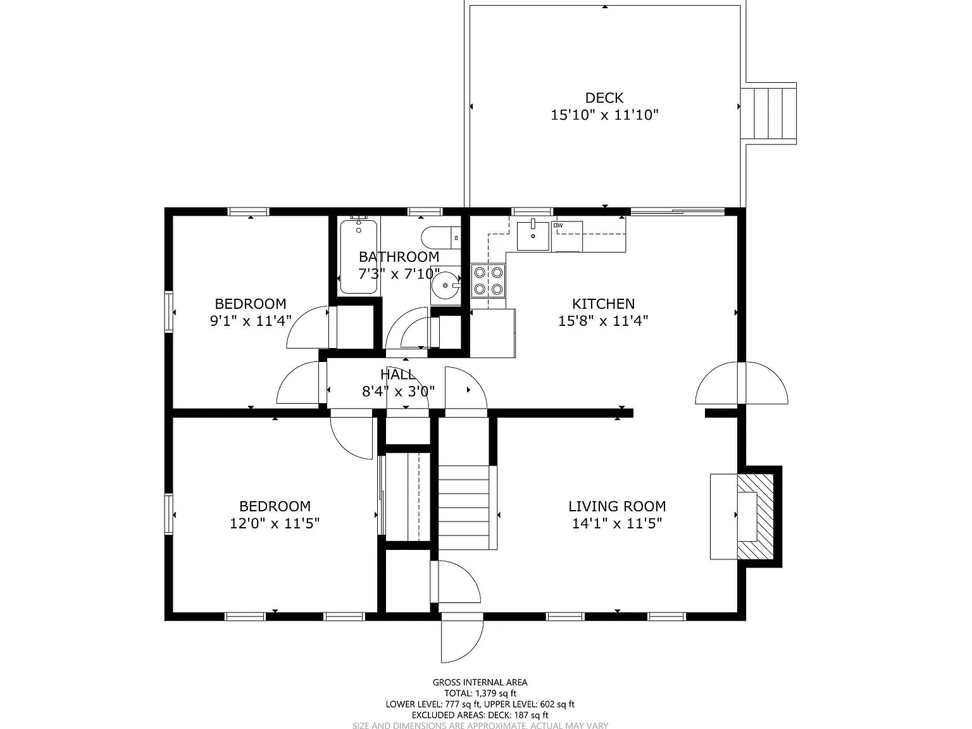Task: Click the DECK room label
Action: click(604, 98)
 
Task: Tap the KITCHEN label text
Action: click(603, 304)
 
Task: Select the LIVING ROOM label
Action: click(617, 506)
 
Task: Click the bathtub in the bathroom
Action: click(359, 257)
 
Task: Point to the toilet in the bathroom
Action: click(441, 238)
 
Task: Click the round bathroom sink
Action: click(445, 285)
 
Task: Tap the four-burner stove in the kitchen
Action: click(488, 280)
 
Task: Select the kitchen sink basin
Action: click(533, 235)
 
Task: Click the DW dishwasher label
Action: click(558, 225)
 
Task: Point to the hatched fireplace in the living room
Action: click(756, 516)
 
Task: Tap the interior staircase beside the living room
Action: click(464, 508)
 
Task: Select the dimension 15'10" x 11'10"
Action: click(604, 115)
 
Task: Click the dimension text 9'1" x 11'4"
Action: click(251, 320)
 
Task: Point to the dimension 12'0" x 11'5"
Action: click(275, 523)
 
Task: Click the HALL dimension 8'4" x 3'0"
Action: click(398, 391)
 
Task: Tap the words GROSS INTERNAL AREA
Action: click(480, 683)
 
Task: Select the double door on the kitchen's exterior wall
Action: click(742, 383)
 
